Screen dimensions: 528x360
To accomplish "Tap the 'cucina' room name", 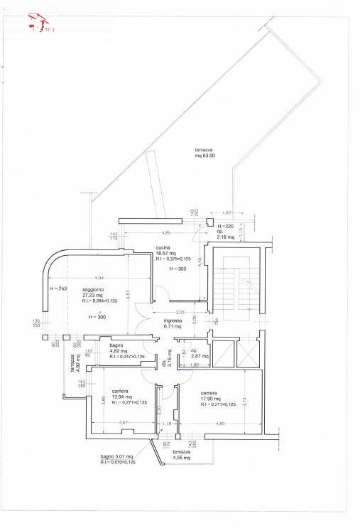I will pyautogui.click(x=164, y=247).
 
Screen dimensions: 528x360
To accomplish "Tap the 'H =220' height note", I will pyautogui.click(x=224, y=225).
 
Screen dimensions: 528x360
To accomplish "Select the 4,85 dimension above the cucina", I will pyautogui.click(x=166, y=233).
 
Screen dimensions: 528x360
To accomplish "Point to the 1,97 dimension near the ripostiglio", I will pyautogui.click(x=227, y=213).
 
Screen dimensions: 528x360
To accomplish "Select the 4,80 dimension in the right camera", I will pyautogui.click(x=220, y=424).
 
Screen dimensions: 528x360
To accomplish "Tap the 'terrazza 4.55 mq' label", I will pyautogui.click(x=181, y=456).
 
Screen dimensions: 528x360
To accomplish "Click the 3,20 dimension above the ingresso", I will pyautogui.click(x=180, y=313).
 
